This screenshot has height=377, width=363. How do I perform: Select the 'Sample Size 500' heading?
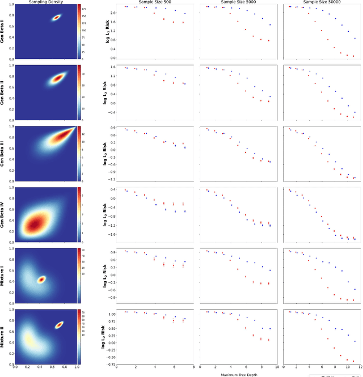[x=153, y=2]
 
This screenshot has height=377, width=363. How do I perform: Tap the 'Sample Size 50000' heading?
[x=320, y=2]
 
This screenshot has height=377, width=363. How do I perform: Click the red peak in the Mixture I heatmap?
[x=41, y=279]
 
